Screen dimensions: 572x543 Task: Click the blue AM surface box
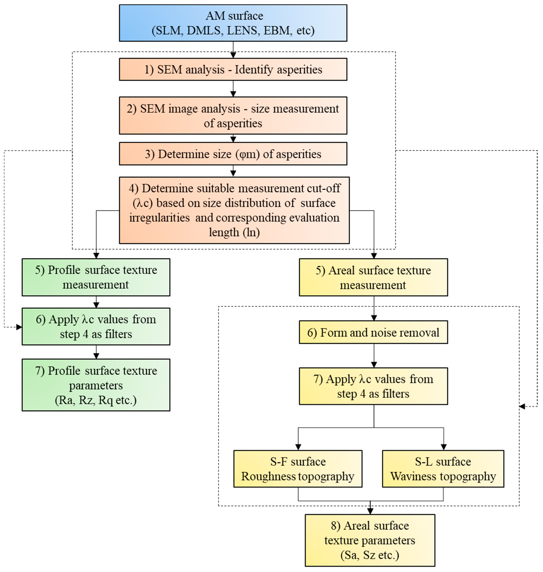tap(233, 23)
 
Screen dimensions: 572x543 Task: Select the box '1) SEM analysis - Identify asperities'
tap(233, 69)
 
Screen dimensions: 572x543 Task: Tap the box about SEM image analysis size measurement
tap(233, 115)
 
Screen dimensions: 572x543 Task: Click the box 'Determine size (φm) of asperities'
tap(233, 154)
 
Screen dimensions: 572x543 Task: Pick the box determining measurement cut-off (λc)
tap(234, 210)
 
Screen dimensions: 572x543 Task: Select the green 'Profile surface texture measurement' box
tap(96, 277)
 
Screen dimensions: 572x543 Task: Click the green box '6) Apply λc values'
tap(96, 326)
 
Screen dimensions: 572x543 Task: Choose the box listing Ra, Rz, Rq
tap(96, 385)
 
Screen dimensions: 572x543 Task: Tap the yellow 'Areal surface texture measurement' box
tap(373, 277)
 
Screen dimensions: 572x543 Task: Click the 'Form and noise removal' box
tap(373, 332)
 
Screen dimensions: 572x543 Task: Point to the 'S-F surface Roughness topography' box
tap(298, 469)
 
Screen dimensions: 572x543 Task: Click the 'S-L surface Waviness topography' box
tap(443, 469)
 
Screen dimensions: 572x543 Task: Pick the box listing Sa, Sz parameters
tap(370, 540)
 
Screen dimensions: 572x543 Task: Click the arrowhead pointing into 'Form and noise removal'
tap(374, 318)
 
